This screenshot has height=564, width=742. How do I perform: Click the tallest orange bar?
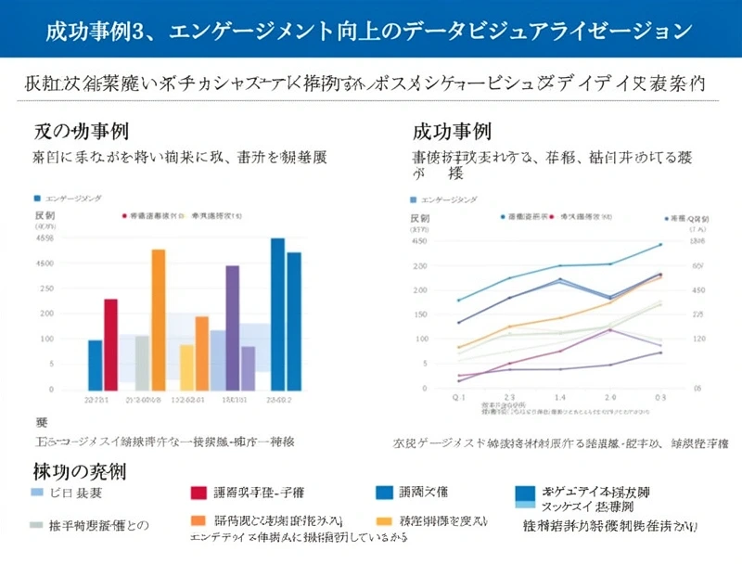pos(159,319)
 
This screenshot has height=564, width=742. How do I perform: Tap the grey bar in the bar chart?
pos(142,363)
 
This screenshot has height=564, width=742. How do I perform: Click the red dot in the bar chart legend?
pos(123,215)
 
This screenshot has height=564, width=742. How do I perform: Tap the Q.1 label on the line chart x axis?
pos(458,396)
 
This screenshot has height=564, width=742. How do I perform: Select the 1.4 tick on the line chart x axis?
pos(560,396)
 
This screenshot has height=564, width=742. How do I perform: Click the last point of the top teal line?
pos(660,244)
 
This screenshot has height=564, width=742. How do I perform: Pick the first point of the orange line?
pos(459,348)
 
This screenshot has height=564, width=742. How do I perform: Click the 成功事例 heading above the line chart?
pos(452,132)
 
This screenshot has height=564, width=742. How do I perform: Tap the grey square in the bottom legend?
pos(36,524)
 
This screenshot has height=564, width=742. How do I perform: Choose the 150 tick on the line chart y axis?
pos(418,314)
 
